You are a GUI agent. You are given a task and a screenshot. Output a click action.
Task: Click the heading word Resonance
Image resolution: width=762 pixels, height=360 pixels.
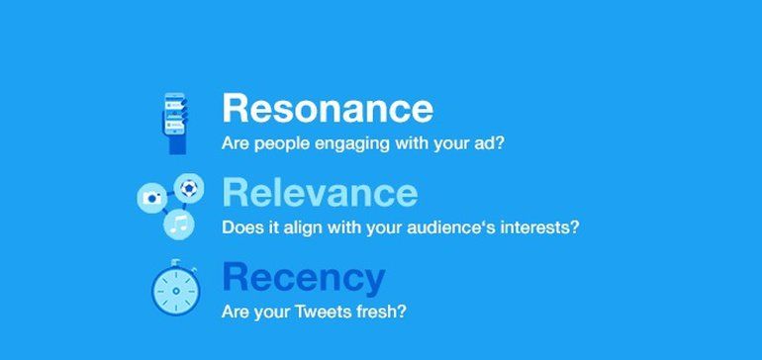point(328,108)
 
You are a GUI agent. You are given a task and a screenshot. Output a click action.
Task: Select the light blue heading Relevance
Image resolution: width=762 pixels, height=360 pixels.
point(320,192)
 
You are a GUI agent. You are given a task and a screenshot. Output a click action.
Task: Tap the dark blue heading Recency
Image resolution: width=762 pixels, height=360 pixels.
point(304,278)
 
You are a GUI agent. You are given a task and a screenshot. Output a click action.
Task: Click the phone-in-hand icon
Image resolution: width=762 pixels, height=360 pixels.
point(176,122)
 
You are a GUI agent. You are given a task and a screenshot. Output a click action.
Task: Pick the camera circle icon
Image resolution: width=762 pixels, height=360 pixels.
point(152,198)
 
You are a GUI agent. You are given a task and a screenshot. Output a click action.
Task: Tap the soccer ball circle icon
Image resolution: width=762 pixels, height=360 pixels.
point(189,186)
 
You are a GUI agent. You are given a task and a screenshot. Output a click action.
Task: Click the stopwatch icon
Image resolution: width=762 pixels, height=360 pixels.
point(176,291)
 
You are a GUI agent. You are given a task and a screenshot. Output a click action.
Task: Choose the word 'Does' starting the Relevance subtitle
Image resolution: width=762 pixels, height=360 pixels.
point(240,227)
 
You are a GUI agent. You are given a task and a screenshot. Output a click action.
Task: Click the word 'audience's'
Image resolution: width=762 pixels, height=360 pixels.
point(462,227)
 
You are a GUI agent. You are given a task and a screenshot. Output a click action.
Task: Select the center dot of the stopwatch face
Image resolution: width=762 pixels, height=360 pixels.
point(176,293)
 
